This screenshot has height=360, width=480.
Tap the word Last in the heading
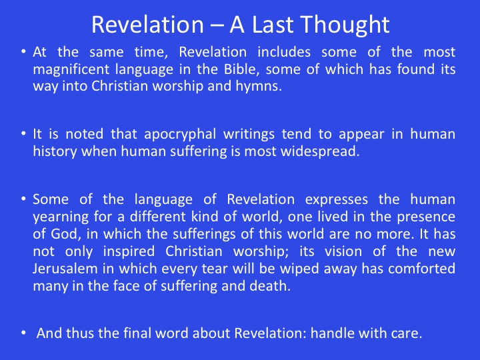[273, 25]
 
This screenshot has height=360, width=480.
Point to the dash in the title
[217, 26]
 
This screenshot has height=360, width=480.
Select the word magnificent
[71, 69]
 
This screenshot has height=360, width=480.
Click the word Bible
[241, 69]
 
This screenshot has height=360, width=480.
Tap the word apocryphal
[180, 135]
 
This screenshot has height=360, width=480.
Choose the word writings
[249, 135]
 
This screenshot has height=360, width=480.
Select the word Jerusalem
[65, 269]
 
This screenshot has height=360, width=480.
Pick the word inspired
[129, 251]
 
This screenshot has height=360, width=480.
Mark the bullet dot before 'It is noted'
[23, 133]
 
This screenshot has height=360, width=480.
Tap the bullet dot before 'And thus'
[23, 333]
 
